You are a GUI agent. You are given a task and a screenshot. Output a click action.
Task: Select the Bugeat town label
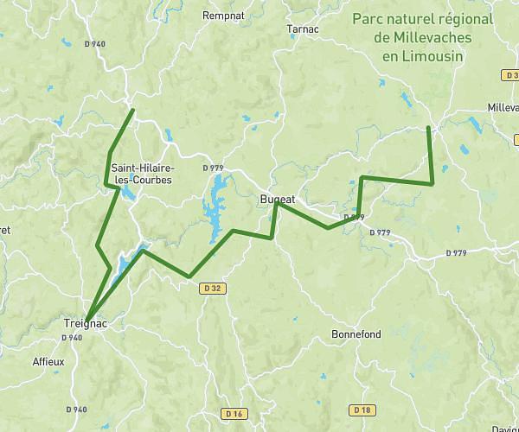[x=278, y=199]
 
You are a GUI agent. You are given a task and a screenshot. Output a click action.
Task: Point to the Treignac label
[x=85, y=323]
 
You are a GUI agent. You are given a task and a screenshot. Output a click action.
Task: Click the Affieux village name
[x=48, y=362]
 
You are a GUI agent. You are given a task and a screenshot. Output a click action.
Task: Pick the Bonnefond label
[x=356, y=334]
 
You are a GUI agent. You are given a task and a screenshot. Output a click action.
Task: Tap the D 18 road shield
[x=362, y=409]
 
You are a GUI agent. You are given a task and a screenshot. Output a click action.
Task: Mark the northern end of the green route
[x=132, y=110]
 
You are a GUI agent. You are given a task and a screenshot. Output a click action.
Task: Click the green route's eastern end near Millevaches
[x=428, y=128]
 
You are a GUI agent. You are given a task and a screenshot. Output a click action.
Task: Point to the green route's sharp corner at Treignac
[x=86, y=319]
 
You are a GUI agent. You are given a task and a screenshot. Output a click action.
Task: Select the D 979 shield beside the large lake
[x=213, y=168]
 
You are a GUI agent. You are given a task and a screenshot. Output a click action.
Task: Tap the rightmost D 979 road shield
[x=456, y=252]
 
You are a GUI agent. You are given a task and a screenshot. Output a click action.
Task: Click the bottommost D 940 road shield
[x=76, y=409]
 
